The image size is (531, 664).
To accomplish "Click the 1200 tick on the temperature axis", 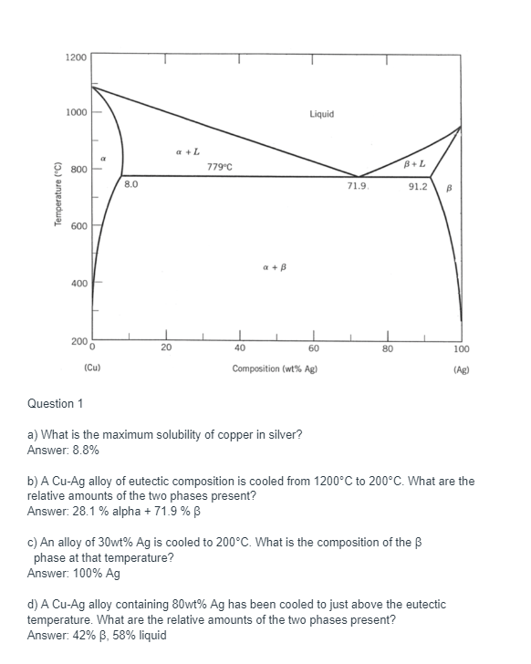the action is (x=77, y=57).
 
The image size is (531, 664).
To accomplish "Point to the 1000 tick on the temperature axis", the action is (x=77, y=113).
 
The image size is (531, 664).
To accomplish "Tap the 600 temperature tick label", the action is (x=78, y=226).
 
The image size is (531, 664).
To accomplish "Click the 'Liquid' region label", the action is (x=321, y=114).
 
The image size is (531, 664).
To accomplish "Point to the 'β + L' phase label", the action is (x=414, y=163).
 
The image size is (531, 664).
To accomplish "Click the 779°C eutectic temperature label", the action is (x=220, y=166).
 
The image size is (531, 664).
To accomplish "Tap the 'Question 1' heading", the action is (x=56, y=403).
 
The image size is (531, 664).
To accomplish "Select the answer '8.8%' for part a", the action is (x=82, y=450).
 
